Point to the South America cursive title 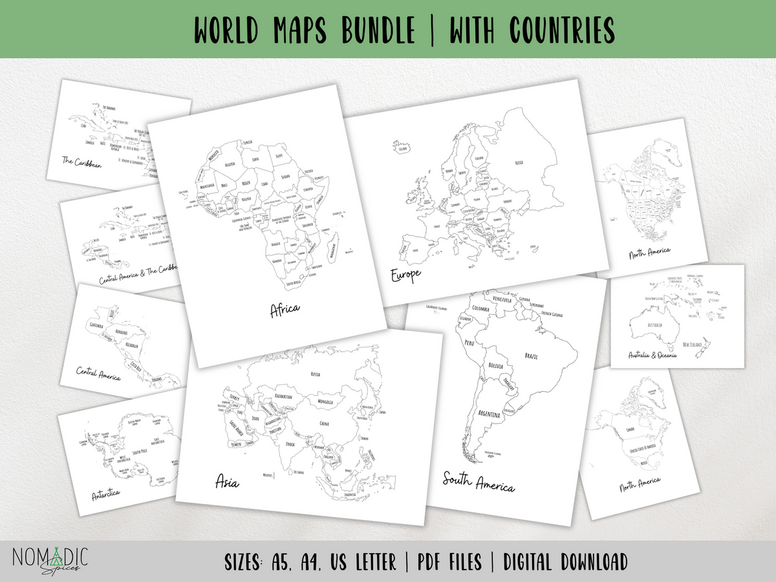point(479,482)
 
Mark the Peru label point(470,343)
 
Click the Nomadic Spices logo point(49,561)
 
